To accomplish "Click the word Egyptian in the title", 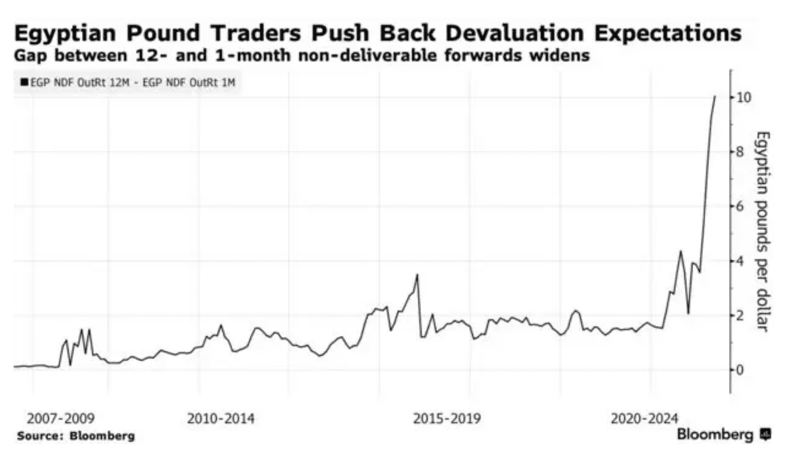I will point(65,34).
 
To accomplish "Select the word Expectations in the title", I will point(668,34).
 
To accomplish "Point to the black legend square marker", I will point(24,83).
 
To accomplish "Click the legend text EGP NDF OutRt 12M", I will point(79,83).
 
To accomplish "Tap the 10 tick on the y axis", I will point(743,98).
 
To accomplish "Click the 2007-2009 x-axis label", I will point(60,419).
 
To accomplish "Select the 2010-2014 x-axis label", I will point(221,419).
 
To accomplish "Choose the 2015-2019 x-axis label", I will point(447,419).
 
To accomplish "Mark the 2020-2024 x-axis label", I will point(644,419).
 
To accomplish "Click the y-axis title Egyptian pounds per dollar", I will point(763,231).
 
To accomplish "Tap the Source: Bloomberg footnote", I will point(76,436).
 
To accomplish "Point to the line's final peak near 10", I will point(715,96).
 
